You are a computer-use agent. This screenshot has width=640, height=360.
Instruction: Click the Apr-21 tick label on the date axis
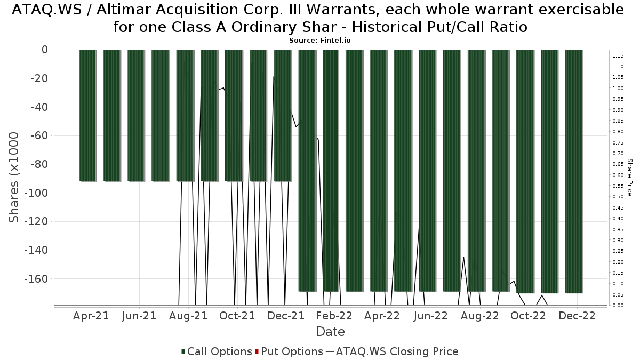(x=91, y=315)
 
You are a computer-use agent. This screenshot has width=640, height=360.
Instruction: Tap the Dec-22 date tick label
(x=577, y=315)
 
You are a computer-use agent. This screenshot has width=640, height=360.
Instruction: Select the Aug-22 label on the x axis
(x=479, y=315)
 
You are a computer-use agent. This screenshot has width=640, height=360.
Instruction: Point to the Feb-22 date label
(x=333, y=315)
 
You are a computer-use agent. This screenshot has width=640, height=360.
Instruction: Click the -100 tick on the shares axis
(x=36, y=193)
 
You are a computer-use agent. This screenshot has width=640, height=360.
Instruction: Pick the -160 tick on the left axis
(x=36, y=278)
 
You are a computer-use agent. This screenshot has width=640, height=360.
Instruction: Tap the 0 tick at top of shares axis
(x=44, y=50)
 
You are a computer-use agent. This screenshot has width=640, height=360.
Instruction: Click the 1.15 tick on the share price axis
(x=618, y=55)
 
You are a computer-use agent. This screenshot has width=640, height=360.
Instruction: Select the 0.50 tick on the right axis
(x=618, y=197)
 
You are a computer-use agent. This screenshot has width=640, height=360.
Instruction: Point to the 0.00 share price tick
(x=618, y=306)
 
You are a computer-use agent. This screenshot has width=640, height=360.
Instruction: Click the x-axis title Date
(x=330, y=332)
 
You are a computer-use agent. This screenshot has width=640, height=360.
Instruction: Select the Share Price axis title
(x=630, y=177)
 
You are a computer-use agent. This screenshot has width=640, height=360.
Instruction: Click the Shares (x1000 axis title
(x=14, y=177)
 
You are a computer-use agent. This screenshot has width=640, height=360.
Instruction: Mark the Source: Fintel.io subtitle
(x=319, y=40)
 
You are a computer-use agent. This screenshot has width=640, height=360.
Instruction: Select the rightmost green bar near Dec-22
(x=574, y=171)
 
